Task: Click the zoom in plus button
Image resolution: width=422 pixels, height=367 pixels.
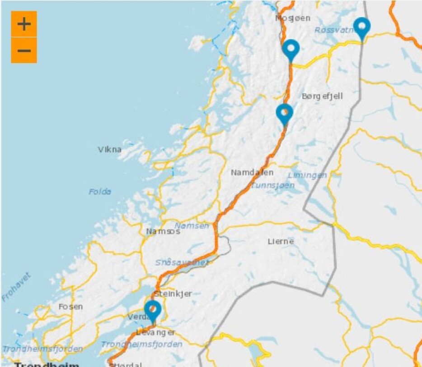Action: (24, 24)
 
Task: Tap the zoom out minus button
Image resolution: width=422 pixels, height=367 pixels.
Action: (24, 50)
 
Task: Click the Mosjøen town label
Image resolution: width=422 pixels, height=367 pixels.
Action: (293, 18)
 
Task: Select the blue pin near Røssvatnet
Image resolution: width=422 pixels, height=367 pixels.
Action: (361, 27)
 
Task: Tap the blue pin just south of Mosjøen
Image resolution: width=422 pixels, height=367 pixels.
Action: (291, 49)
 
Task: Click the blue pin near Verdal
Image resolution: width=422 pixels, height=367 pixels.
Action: (153, 311)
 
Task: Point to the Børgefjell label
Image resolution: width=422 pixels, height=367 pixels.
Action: (322, 96)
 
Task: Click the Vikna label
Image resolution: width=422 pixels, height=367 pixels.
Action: (110, 149)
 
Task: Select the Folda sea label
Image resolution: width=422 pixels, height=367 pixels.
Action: (100, 192)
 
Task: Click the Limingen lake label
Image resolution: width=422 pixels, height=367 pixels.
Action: (307, 175)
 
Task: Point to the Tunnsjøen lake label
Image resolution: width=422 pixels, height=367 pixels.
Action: (273, 185)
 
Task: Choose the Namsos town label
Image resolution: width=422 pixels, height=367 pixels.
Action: (163, 231)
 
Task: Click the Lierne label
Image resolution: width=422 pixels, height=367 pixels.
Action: (281, 241)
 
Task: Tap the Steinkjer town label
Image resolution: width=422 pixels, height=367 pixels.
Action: (173, 294)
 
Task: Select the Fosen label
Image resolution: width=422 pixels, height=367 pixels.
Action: (71, 307)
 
